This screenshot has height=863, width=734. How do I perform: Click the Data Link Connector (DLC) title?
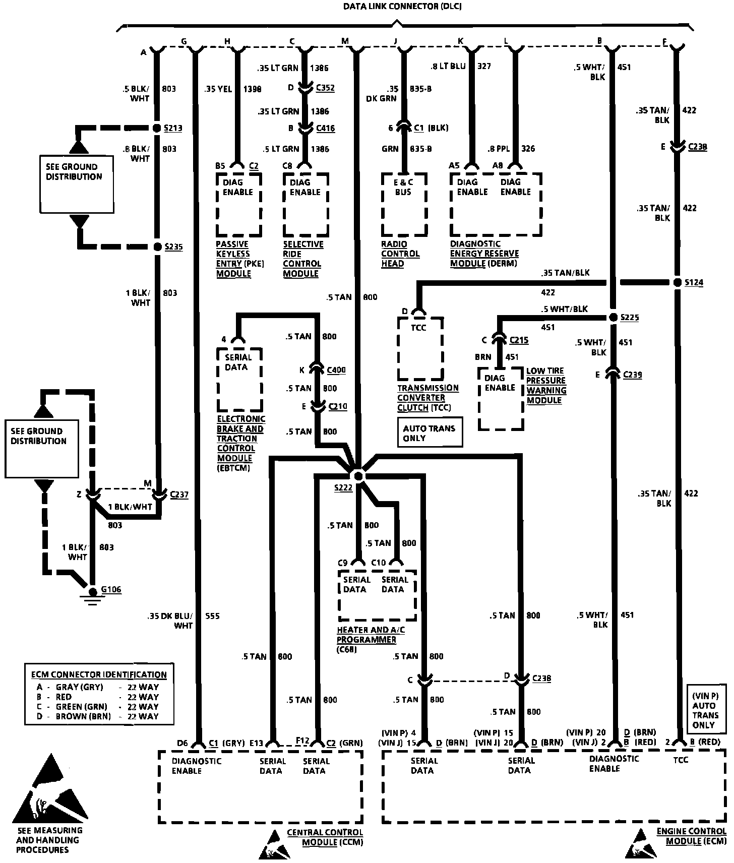pyautogui.click(x=402, y=7)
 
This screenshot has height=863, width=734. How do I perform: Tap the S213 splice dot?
pyautogui.click(x=157, y=128)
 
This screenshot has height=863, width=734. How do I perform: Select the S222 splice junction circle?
pyautogui.click(x=357, y=475)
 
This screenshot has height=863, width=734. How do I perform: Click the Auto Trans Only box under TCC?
pyautogui.click(x=430, y=433)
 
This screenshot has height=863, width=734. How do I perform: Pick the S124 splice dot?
pyautogui.click(x=678, y=282)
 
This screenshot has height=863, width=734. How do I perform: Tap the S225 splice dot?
pyautogui.click(x=613, y=317)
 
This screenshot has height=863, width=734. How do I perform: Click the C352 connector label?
pyautogui.click(x=325, y=88)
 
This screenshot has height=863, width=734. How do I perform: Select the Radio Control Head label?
pyautogui.click(x=400, y=254)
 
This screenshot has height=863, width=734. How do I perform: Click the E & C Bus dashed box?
pyautogui.click(x=404, y=204)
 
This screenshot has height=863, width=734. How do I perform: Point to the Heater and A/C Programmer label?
pyautogui.click(x=371, y=635)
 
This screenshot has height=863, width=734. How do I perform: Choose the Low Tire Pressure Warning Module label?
pyautogui.click(x=546, y=386)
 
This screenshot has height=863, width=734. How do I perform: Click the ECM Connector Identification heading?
pyautogui.click(x=99, y=674)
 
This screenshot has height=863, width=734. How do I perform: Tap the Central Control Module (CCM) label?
pyautogui.click(x=325, y=837)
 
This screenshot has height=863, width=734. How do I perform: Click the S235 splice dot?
pyautogui.click(x=157, y=247)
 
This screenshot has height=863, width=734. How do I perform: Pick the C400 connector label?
pyautogui.click(x=336, y=370)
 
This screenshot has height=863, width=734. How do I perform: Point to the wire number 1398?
pyautogui.click(x=253, y=89)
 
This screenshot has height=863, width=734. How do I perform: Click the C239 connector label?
pyautogui.click(x=632, y=375)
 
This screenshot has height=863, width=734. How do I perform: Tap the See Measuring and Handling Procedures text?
pyautogui.click(x=49, y=840)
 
